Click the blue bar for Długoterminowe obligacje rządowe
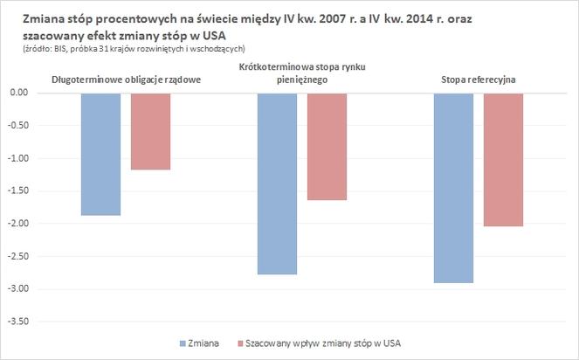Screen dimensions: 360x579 point(100,154)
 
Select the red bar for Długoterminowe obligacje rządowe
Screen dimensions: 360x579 point(151,131)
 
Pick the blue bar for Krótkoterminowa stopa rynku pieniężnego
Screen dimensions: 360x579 point(278,183)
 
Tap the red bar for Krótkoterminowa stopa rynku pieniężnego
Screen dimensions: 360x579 point(327,147)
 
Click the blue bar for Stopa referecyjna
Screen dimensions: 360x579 point(453,188)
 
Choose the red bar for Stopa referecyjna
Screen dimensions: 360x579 point(504,160)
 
